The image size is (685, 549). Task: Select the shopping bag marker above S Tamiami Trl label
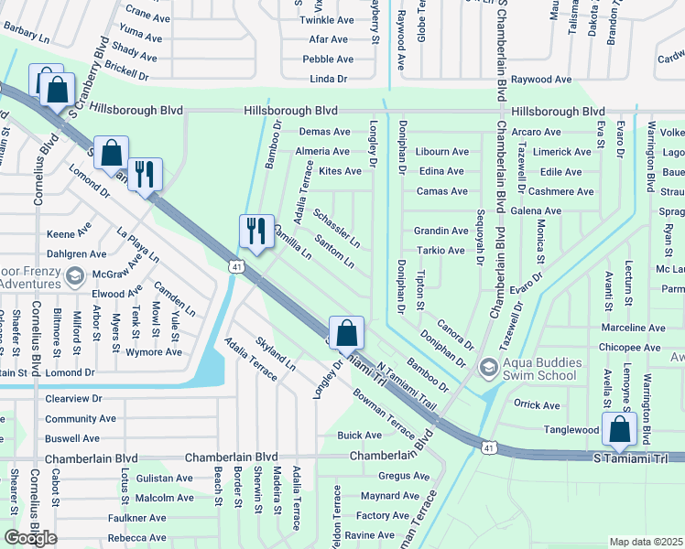pyautogui.click(x=620, y=428)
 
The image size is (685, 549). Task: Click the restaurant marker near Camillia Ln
pyautogui.click(x=256, y=230)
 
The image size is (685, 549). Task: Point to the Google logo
pyautogui.click(x=30, y=538)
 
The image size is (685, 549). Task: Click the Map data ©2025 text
pyautogui.click(x=646, y=542)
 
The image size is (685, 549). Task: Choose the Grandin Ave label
pyautogui.click(x=440, y=231)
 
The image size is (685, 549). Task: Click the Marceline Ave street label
pyautogui.click(x=632, y=328)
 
